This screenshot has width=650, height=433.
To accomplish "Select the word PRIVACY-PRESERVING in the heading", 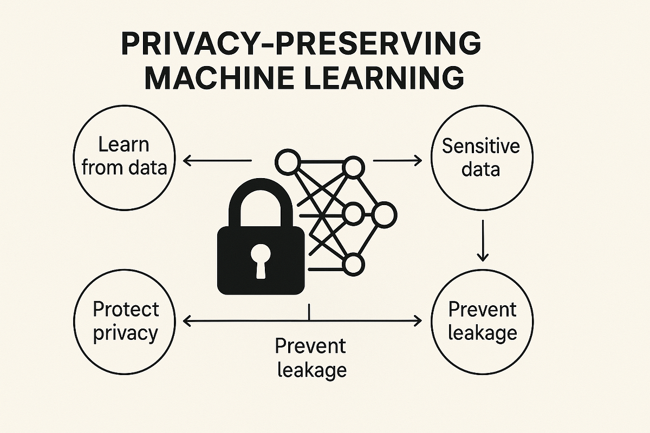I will (x=301, y=43).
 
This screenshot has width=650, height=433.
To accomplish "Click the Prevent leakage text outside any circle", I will (x=310, y=358).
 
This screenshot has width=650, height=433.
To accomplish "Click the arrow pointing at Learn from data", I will (x=217, y=160).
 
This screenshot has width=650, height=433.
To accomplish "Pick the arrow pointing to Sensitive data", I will (x=398, y=160).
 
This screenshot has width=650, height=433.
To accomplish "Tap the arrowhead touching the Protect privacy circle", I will (x=190, y=321).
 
